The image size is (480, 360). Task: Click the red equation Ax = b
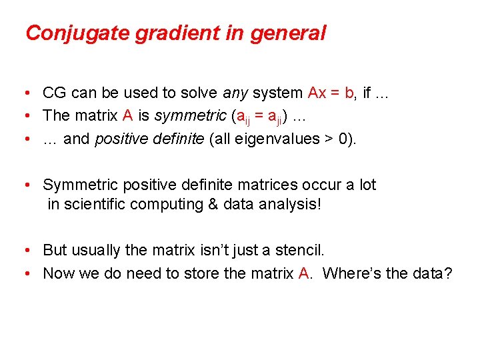(331, 93)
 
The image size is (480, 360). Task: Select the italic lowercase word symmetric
(191, 115)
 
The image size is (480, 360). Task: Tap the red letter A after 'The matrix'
(129, 115)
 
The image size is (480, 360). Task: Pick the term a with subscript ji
(273, 117)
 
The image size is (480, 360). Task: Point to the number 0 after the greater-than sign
(342, 138)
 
